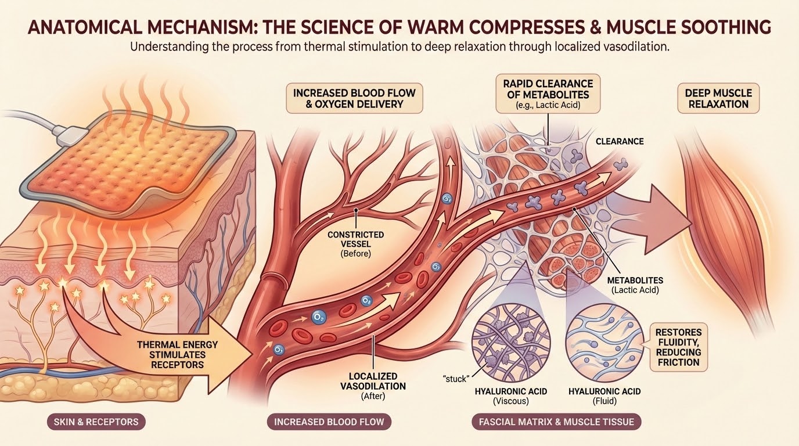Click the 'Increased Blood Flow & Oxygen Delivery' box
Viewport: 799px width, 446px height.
[x=354, y=99]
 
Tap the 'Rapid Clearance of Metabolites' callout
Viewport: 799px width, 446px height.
[x=548, y=94]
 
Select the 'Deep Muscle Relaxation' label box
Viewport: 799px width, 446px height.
[x=718, y=99]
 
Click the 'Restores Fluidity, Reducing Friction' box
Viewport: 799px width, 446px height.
[x=678, y=347]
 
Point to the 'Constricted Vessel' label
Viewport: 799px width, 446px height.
[x=356, y=244]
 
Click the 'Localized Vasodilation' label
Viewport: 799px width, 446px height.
[x=373, y=386]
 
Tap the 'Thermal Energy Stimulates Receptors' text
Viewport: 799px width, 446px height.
[x=177, y=355]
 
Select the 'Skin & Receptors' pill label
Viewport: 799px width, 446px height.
[x=96, y=422]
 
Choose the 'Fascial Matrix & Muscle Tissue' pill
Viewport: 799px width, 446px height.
[x=556, y=422]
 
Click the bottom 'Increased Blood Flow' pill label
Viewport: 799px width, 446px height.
[x=329, y=422]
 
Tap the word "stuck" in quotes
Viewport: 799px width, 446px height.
[x=456, y=379]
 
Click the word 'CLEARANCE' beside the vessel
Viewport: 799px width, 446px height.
[x=620, y=141]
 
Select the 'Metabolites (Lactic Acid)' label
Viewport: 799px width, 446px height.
[x=635, y=285]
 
